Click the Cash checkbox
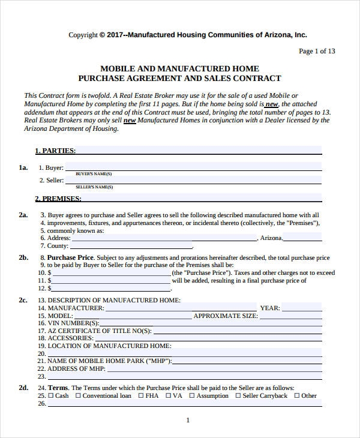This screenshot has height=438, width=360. click(51, 396)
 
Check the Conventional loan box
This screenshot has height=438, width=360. click(78, 396)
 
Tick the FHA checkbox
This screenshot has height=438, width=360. click(141, 396)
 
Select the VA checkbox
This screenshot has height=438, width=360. click(169, 396)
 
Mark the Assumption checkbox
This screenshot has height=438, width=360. click(193, 396)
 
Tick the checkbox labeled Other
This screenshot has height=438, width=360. click(296, 396)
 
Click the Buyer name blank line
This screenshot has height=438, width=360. click(193, 167)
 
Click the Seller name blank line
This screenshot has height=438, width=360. click(193, 180)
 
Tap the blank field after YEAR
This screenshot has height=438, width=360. click(303, 308)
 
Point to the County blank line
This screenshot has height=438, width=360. click(131, 245)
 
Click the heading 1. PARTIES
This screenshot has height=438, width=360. click(55, 151)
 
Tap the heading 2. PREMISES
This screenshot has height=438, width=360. click(58, 199)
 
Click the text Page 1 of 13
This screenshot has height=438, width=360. click(317, 51)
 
